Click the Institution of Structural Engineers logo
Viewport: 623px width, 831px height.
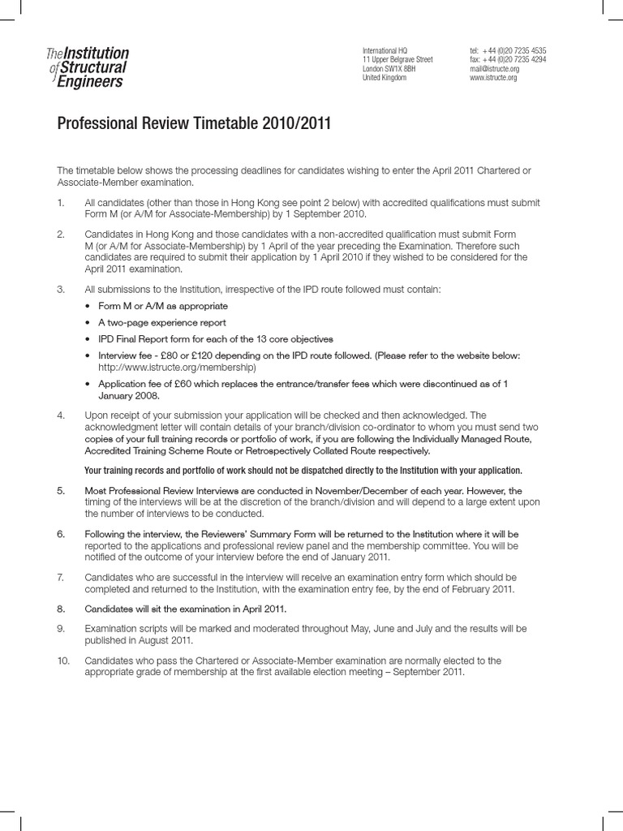point(88,67)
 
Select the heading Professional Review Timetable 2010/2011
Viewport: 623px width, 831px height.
point(194,124)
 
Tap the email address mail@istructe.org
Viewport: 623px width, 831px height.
point(493,68)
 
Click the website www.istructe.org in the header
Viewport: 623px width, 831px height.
point(492,78)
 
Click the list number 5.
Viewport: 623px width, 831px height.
point(60,491)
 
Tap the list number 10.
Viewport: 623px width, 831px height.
point(63,661)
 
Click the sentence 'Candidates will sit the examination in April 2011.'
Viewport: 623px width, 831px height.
point(186,608)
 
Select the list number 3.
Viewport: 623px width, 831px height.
point(60,290)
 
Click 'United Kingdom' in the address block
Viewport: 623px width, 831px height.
point(384,78)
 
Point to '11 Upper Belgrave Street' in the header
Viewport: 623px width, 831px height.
point(397,59)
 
